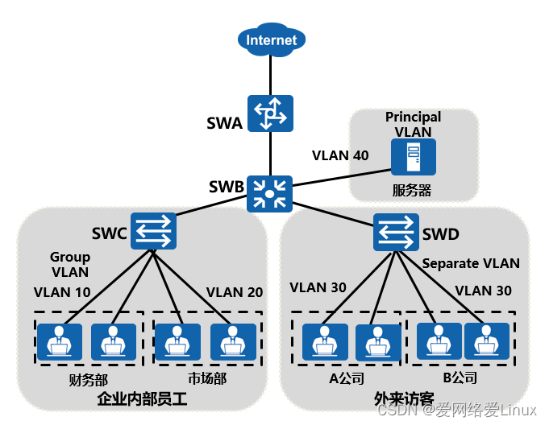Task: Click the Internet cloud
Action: coord(272,39)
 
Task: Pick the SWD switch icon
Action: coord(396,233)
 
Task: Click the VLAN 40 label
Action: coord(340,155)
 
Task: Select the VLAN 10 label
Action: coord(61,292)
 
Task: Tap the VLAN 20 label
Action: coord(235,292)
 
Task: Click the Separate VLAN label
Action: coord(471,263)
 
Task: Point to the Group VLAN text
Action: coord(69,264)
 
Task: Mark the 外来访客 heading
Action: coord(404,398)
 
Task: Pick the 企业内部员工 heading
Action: coord(141,398)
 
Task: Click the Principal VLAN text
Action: coord(413,124)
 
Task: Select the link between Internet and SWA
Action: coord(270,76)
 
